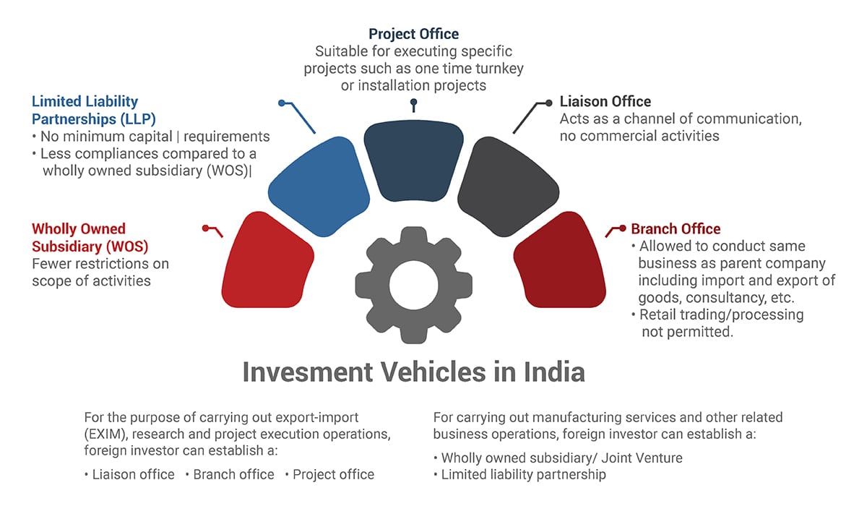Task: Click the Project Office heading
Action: (413, 34)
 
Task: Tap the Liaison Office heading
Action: (605, 101)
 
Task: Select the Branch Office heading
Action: (676, 229)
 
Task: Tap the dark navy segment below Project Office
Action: (413, 155)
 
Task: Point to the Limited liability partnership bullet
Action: (523, 475)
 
